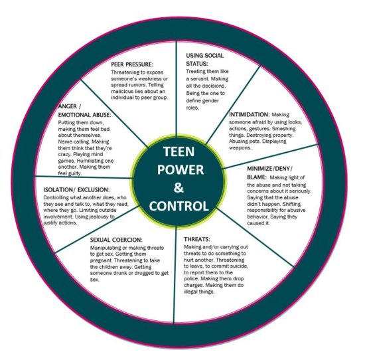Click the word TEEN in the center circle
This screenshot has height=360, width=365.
point(179,151)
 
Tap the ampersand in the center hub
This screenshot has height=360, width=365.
point(179,188)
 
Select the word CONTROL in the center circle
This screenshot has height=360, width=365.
point(179,206)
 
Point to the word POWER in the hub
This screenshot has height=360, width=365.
point(181,169)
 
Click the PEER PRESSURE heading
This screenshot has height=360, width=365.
point(132,64)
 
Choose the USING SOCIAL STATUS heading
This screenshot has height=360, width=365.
point(204,59)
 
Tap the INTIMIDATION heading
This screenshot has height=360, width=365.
point(250,115)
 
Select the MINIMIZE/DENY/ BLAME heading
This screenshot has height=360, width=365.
point(269,173)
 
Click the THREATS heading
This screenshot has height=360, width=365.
point(197,239)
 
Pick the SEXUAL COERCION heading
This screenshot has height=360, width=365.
point(116,240)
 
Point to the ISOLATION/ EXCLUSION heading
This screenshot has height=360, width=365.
point(76,190)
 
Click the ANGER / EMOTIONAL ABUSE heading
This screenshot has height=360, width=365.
point(84,110)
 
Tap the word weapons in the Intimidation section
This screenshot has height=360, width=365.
point(240,147)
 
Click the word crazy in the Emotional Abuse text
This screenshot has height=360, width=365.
point(64,155)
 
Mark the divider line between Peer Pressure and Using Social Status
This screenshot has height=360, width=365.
point(177,88)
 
